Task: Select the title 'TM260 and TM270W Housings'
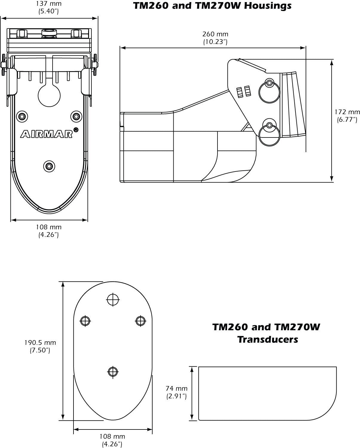click(212, 6)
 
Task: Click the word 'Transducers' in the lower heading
click(268, 340)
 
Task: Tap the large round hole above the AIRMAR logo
click(49, 96)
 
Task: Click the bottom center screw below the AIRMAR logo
click(49, 166)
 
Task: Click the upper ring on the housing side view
click(269, 92)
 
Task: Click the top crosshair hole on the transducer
click(113, 299)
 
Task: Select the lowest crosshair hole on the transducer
click(113, 372)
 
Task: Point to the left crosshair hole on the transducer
click(85, 321)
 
